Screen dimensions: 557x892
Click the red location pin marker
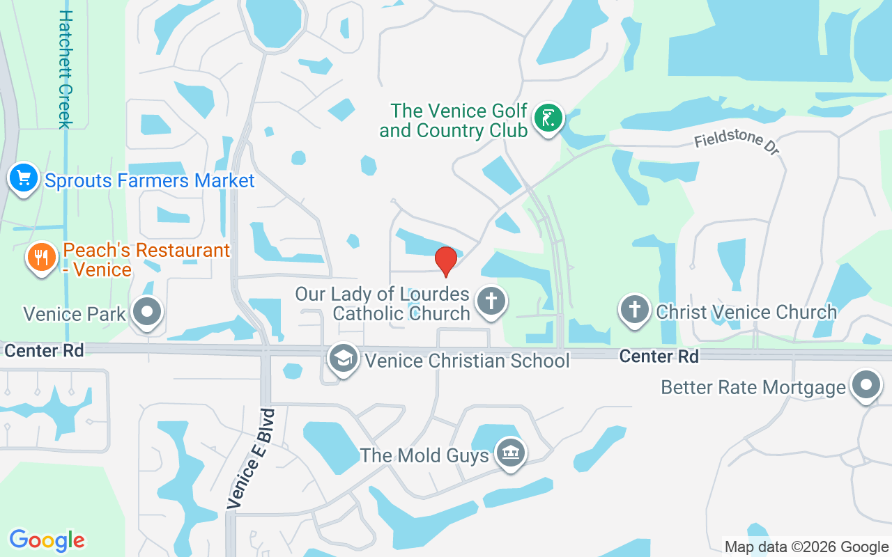tap(445, 260)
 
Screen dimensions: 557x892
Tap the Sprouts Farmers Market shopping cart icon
tap(24, 179)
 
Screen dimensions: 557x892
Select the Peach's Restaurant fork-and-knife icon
tap(42, 258)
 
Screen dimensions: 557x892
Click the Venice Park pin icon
tap(147, 313)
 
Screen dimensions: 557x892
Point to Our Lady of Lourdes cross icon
tap(491, 302)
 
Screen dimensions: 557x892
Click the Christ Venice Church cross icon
tap(635, 311)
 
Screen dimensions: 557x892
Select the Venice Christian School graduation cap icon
tap(344, 359)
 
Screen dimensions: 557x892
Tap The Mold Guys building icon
tap(511, 454)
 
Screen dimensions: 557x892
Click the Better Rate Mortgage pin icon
tap(866, 385)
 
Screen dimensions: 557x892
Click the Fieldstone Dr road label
tap(737, 144)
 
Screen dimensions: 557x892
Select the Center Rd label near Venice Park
tap(44, 350)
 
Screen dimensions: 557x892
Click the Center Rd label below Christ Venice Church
tap(659, 356)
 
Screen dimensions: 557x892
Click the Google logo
tap(47, 540)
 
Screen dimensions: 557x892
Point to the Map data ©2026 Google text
tap(806, 547)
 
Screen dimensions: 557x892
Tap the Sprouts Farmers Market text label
tap(150, 181)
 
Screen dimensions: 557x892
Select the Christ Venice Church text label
tap(746, 312)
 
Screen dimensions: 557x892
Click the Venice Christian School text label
tap(467, 361)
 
